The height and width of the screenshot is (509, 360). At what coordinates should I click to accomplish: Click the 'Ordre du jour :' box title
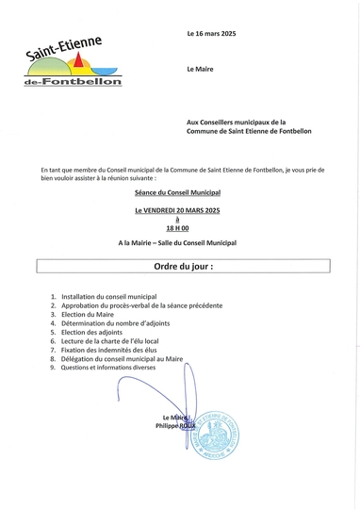click(x=178, y=267)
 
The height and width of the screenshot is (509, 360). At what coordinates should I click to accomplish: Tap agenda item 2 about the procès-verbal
click(x=141, y=306)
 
